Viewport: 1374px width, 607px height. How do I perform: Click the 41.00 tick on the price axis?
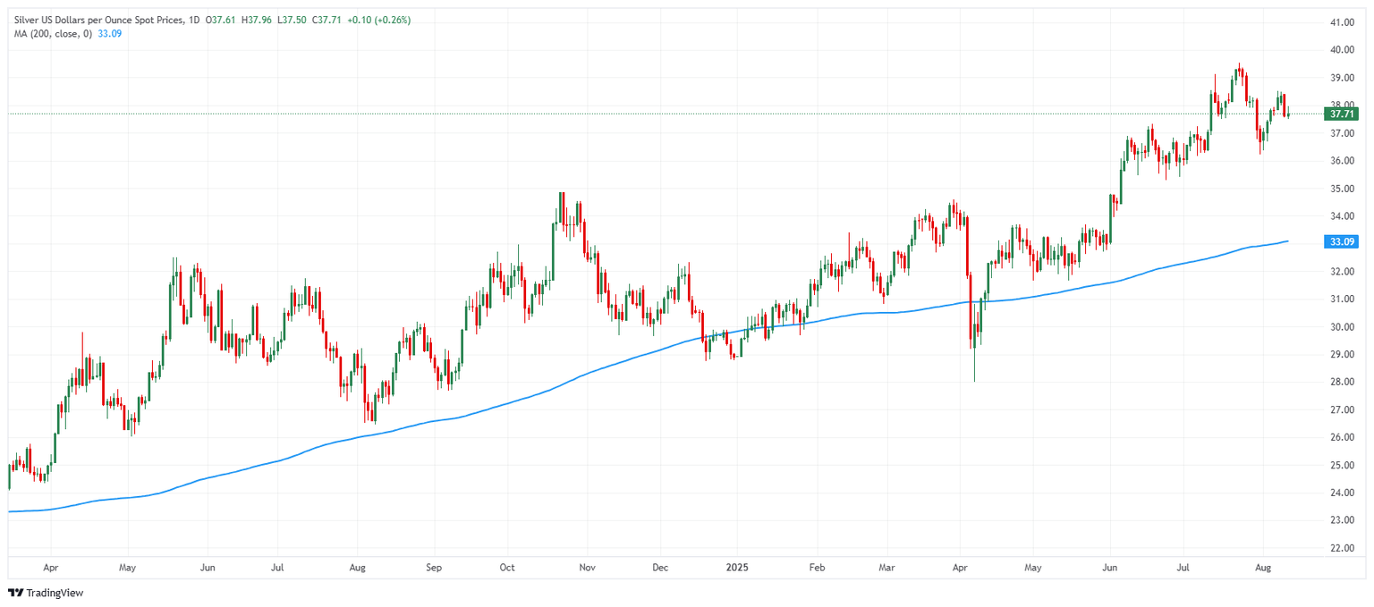click(x=1341, y=22)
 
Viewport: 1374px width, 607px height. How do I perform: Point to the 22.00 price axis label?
click(x=1341, y=548)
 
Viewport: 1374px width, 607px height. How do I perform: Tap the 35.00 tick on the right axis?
click(x=1341, y=189)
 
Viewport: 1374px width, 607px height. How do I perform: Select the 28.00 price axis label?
click(x=1341, y=382)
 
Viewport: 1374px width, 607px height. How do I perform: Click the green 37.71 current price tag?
click(x=1343, y=114)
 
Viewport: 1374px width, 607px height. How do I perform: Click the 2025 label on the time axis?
click(x=737, y=567)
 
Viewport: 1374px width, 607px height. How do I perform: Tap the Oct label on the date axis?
click(x=507, y=567)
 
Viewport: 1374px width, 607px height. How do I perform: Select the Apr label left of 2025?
click(x=50, y=567)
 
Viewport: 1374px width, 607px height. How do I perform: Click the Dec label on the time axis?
click(x=660, y=567)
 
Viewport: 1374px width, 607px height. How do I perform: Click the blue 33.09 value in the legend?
click(x=109, y=34)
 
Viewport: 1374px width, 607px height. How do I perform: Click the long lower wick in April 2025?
click(x=974, y=367)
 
